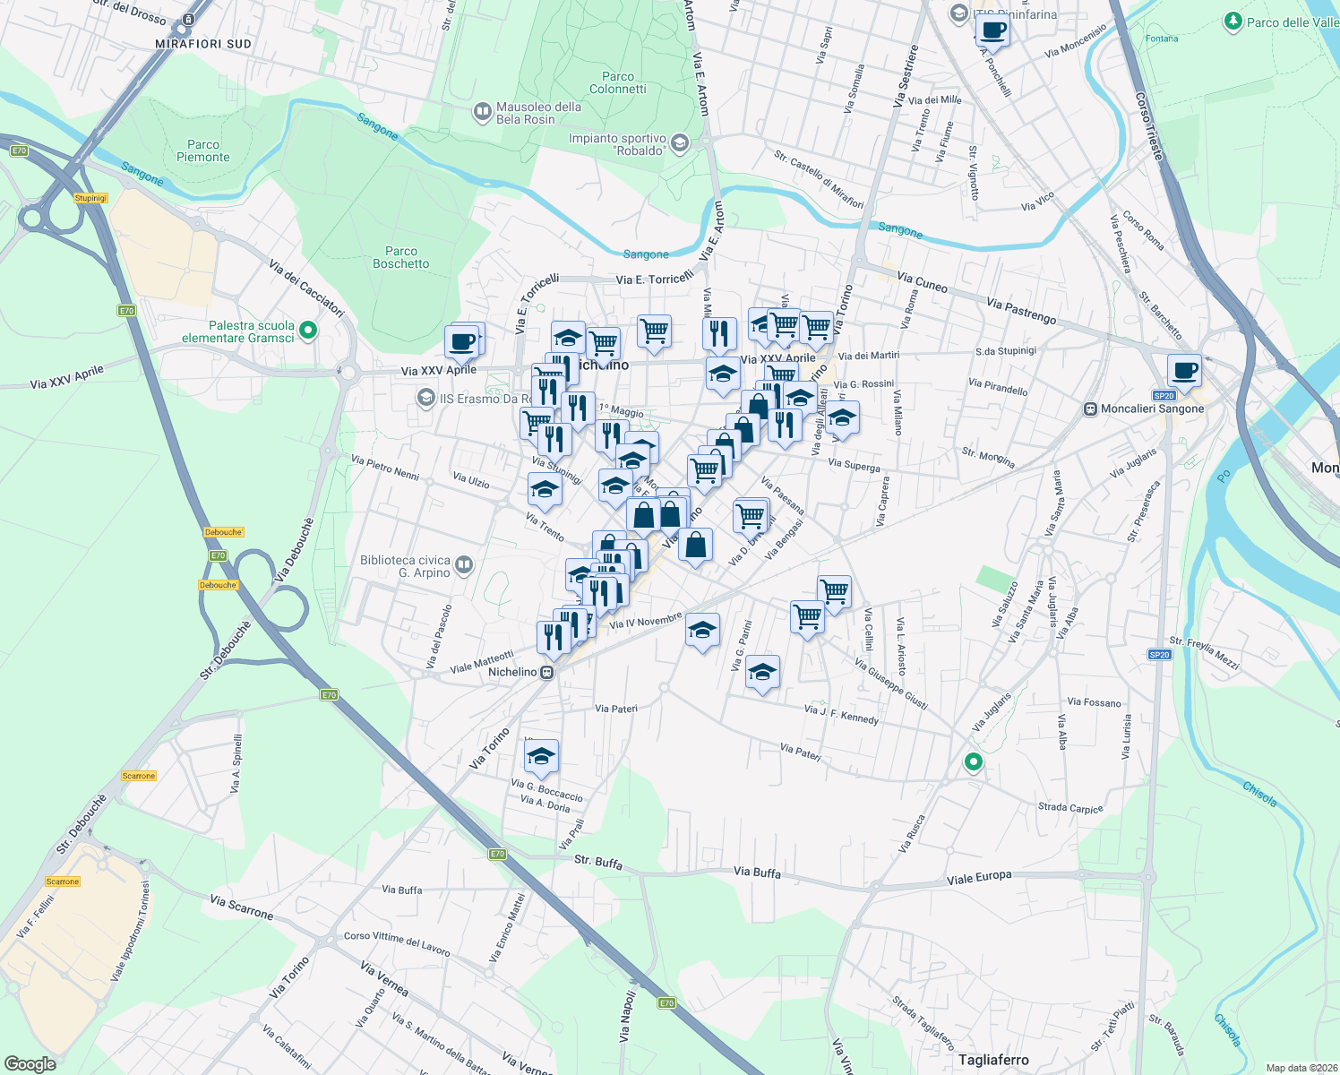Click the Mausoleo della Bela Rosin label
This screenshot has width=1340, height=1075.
[x=538, y=113]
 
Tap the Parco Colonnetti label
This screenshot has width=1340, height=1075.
[x=617, y=82]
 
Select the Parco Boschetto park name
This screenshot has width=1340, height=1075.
[x=400, y=257]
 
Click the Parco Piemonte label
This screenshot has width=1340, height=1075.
[x=203, y=150]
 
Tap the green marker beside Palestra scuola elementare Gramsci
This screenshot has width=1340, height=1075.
[x=308, y=331]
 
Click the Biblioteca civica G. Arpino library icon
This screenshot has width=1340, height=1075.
[x=464, y=564]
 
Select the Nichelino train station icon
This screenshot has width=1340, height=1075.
[x=547, y=673]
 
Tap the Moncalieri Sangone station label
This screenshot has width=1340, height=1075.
[x=1153, y=408]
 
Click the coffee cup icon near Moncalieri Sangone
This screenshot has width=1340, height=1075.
[x=1184, y=370]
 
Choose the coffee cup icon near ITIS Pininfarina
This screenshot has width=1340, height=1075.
[x=992, y=31]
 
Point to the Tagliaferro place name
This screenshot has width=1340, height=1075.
[x=993, y=1060]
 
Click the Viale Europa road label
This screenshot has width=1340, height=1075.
[x=979, y=878]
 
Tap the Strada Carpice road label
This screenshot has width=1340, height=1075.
[x=1070, y=807]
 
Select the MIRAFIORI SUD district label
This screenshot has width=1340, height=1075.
[x=203, y=44]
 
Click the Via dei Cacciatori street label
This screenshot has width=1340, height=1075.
[x=306, y=288]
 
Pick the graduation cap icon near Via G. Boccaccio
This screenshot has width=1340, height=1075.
[x=541, y=757]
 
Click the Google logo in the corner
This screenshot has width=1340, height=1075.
[x=30, y=1064]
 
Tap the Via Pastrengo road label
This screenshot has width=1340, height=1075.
[x=1021, y=311]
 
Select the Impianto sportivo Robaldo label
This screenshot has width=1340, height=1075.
[x=617, y=144]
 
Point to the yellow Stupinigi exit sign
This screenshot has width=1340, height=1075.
[x=90, y=198]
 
